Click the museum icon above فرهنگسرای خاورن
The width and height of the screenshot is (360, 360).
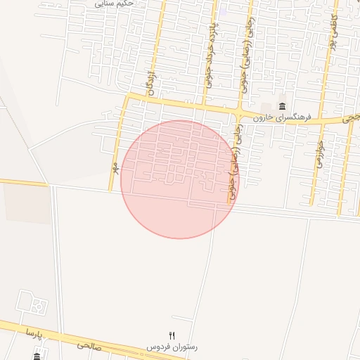coord(283,106)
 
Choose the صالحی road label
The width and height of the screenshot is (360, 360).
coord(89,345)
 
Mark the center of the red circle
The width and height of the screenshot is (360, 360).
coord(179,179)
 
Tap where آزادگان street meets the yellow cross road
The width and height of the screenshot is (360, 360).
coord(144,100)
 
